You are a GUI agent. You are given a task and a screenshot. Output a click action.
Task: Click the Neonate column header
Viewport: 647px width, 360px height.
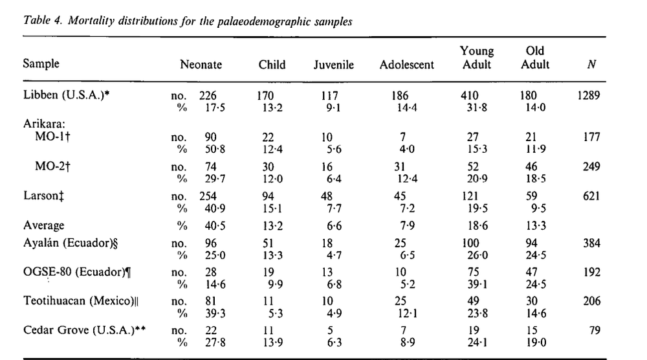coord(201,65)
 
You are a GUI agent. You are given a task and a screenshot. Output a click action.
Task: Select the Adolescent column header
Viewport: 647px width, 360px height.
coord(408,65)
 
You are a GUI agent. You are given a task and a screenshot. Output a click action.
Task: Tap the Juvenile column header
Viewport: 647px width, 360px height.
coord(334,65)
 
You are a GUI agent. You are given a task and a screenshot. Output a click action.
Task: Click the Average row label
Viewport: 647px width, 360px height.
coord(44,225)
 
